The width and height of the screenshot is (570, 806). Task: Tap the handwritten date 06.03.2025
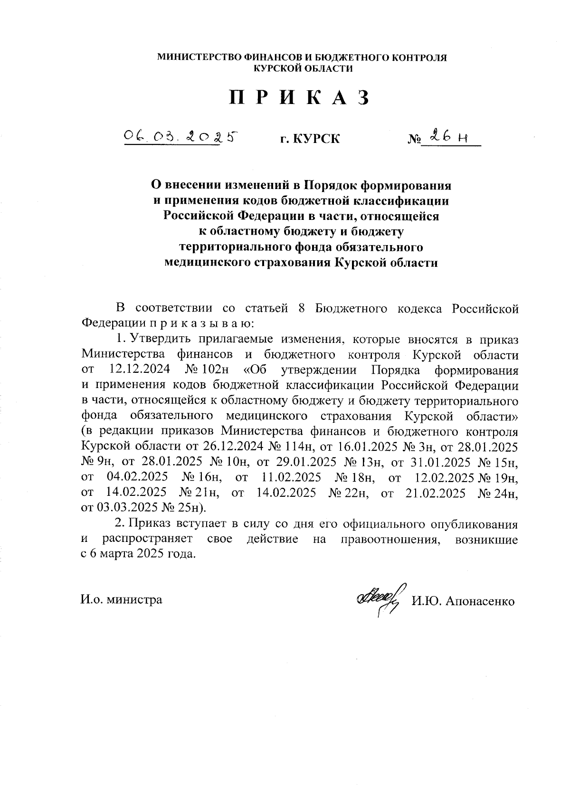pyautogui.click(x=180, y=137)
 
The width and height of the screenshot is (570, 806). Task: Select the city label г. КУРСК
pyautogui.click(x=310, y=139)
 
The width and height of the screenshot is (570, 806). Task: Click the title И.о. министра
pyautogui.click(x=122, y=599)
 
